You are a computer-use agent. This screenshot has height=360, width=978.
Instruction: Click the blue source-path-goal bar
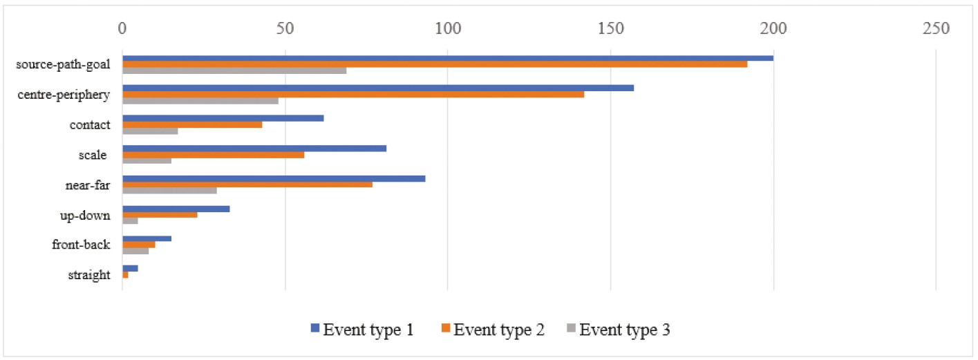coord(448,58)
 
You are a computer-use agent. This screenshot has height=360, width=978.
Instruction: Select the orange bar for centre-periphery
coord(353,94)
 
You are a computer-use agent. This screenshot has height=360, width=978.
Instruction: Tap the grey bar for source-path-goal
coord(234,70)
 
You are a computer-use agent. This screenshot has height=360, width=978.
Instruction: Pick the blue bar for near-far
coord(274,178)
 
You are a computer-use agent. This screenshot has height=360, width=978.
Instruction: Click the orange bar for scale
coord(214,155)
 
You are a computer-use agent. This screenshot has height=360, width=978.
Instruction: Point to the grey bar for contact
coord(150,131)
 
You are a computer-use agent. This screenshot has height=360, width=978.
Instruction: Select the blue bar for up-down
coord(176,209)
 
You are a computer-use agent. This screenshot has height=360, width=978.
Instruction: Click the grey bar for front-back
coord(135,251)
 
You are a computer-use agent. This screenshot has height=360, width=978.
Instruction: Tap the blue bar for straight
coord(130,268)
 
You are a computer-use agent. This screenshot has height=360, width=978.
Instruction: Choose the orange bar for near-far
coord(247,184)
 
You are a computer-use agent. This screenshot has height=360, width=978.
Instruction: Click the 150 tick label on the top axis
coord(610,28)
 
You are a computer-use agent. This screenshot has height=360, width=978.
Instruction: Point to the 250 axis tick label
coord(936,28)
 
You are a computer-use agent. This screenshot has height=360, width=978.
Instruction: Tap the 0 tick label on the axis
coord(122,28)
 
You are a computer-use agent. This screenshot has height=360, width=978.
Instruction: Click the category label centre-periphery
coord(64,95)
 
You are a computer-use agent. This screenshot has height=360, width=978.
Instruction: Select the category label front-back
coord(81,245)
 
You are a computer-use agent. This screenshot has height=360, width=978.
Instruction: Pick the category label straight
coord(89,275)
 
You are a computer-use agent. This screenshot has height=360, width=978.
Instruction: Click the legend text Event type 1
coord(368,330)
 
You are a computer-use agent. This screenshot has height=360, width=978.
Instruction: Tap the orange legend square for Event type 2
coord(446,328)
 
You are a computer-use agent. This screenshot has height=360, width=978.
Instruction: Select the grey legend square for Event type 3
coord(572,328)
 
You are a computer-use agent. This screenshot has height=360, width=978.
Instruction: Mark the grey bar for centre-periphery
coord(200,101)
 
